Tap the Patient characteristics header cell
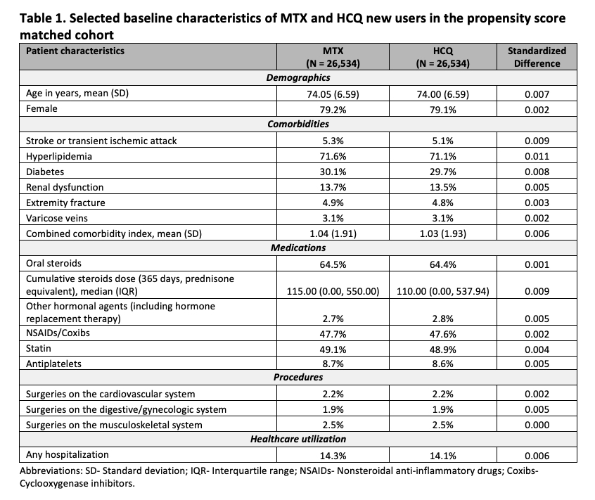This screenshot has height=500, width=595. (75, 51)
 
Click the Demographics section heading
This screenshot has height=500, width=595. (298, 78)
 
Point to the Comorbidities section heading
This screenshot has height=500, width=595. (298, 124)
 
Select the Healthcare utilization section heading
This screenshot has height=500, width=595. (298, 440)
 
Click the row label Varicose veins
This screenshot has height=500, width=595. (57, 218)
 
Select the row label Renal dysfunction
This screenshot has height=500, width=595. (65, 187)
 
